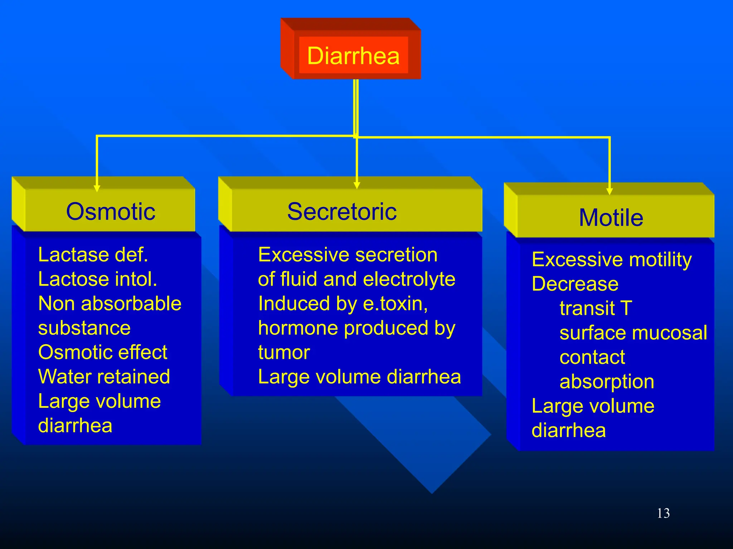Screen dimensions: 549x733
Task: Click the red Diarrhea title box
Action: tap(353, 55)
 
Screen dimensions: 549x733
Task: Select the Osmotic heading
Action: tap(111, 211)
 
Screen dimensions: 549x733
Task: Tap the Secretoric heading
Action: tap(342, 211)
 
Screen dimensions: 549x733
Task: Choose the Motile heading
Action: tap(611, 218)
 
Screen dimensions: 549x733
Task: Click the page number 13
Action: tap(663, 513)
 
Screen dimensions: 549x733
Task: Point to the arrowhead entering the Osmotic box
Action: tap(97, 188)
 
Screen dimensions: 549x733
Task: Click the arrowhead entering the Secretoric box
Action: tap(356, 185)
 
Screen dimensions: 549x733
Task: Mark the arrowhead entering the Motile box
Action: tap(610, 191)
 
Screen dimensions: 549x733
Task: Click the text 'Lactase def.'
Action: tap(93, 255)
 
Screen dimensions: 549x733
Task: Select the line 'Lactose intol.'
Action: tap(97, 279)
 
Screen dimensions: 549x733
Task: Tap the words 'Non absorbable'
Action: tap(110, 303)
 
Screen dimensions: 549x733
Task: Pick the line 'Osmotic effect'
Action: tap(102, 352)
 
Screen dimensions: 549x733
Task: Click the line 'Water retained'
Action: tap(104, 377)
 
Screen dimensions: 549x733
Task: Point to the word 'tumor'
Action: tap(284, 352)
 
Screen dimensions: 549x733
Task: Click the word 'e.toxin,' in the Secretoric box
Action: tap(395, 304)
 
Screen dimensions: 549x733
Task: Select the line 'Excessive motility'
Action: tap(611, 259)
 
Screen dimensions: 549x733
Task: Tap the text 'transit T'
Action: tap(596, 308)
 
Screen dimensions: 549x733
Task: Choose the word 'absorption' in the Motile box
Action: tap(607, 381)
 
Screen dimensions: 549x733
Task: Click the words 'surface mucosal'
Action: tap(633, 333)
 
